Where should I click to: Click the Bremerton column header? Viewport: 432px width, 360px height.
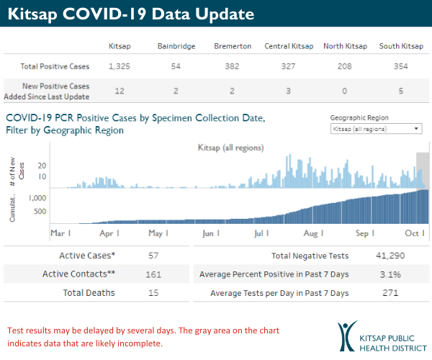pos(233,47)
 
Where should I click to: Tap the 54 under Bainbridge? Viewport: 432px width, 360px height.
pos(176,66)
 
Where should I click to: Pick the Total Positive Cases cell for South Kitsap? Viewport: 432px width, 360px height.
pos(400,66)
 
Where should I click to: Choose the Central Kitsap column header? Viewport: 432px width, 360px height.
pos(289,47)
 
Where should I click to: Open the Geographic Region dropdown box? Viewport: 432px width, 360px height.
pos(375,128)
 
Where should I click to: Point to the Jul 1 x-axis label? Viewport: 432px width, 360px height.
pos(261,233)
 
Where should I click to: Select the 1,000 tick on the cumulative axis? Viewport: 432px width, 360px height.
pos(37,197)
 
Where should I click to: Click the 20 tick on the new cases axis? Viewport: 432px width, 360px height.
pos(42,164)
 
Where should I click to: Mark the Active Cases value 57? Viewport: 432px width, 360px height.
pos(152,256)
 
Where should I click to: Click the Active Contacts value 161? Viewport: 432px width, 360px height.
pos(152,274)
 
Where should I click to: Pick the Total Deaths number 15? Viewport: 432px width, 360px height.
pos(152,293)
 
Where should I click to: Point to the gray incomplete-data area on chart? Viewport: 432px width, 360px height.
pos(423,170)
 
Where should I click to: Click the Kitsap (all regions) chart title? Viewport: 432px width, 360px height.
pos(230,148)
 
